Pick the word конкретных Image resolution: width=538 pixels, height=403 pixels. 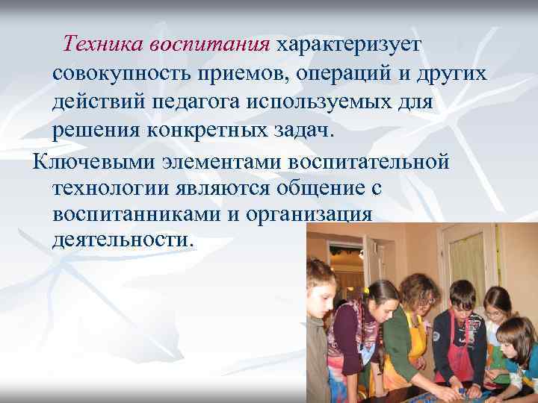pos(204,130)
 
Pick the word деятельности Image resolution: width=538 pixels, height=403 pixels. pos(122,241)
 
